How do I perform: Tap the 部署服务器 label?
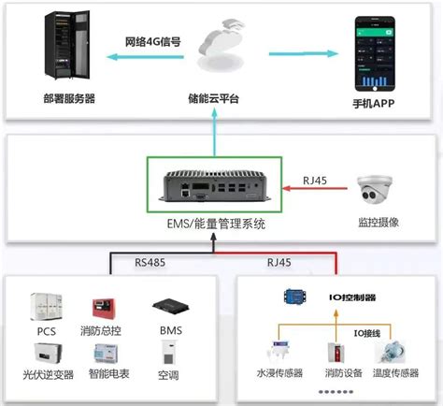68,99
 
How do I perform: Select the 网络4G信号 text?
152,42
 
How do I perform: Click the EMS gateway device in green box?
216,189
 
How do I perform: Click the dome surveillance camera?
376,193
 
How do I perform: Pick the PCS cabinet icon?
47,308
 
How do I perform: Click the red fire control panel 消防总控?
102,308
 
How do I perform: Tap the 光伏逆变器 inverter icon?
47,355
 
